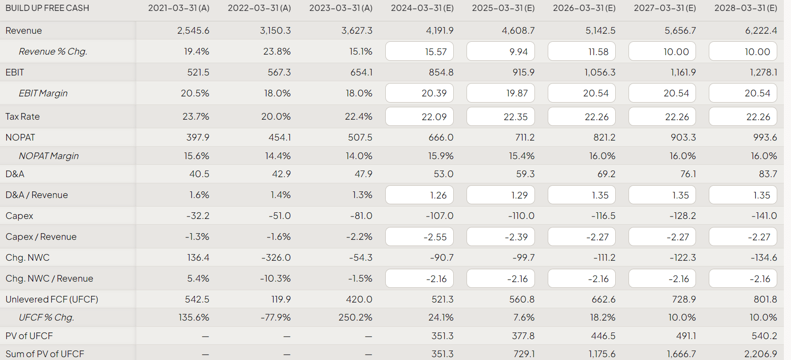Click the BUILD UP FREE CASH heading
[47, 8]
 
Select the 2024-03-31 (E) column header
[422, 8]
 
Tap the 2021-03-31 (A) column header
[179, 8]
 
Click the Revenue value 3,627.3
[357, 30]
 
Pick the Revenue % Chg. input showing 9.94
[500, 51]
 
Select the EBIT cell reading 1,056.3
[600, 72]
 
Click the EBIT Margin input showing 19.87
[500, 93]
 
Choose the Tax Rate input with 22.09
[419, 116]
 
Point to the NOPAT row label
[20, 137]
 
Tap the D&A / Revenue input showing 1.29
[500, 195]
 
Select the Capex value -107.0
[439, 216]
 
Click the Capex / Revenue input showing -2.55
[419, 237]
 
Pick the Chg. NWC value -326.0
[276, 257]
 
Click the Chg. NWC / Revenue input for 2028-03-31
[743, 278]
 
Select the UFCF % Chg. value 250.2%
[355, 317]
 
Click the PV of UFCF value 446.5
[603, 336]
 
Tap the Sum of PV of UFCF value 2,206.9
[761, 354]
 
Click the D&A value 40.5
[199, 174]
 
